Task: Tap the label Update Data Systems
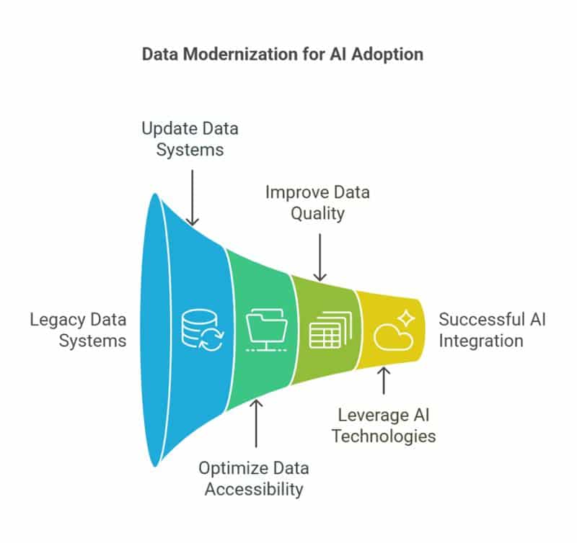tap(190, 140)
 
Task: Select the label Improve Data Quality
tap(317, 203)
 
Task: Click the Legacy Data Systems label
tap(78, 329)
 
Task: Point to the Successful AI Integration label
tap(492, 329)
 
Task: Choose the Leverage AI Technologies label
tap(387, 425)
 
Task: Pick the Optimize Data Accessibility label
tap(254, 478)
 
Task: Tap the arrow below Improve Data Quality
tap(321, 256)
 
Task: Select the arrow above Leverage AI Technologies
tap(384, 380)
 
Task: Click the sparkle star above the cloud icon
tap(406, 318)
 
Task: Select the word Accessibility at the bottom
tap(254, 489)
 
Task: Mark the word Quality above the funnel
tap(317, 214)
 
